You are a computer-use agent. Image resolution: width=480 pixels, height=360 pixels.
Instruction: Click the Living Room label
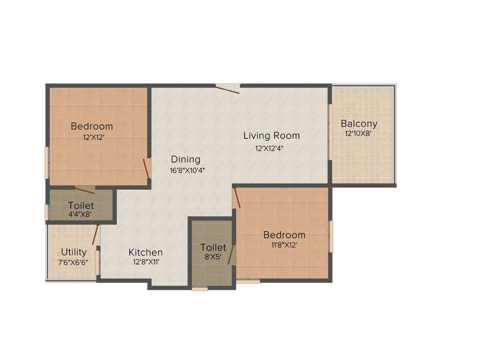pos(271,136)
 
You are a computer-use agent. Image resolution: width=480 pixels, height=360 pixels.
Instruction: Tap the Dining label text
pos(185,159)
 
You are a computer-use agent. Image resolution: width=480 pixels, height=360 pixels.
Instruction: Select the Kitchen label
pos(146,253)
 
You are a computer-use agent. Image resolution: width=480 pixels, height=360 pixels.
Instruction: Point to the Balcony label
pos(359,124)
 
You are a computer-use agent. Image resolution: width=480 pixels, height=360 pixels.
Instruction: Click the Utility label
pos(74,252)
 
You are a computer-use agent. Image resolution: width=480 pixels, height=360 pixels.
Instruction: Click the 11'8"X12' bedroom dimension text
pos(284,245)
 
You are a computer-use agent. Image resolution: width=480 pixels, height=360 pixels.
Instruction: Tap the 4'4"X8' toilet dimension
pos(81,215)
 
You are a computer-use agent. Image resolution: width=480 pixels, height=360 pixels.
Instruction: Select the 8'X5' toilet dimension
pos(213,257)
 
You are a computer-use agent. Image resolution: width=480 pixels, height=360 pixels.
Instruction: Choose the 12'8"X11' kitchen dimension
pos(146,262)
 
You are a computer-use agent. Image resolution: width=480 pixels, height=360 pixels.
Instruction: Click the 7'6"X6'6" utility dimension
pos(73,262)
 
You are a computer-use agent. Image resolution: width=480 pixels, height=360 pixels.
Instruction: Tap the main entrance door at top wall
pos(228,88)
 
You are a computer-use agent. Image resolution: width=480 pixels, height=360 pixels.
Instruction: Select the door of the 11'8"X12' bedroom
pos(237,198)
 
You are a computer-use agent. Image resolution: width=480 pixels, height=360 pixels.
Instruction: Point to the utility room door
pos(96,235)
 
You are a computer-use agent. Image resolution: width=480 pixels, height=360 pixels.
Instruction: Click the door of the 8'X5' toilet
pos(231,255)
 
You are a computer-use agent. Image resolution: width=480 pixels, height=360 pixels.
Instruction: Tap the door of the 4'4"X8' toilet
pos(84,190)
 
